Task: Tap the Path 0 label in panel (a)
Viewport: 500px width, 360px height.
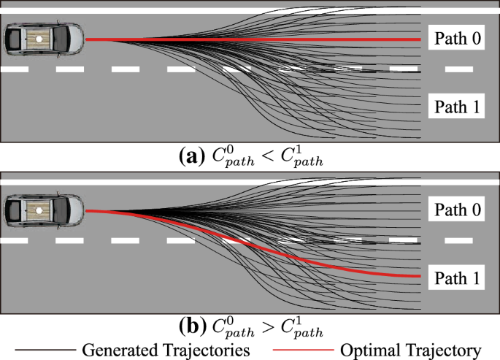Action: coord(458,39)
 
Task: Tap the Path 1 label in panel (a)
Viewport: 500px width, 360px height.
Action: coord(458,107)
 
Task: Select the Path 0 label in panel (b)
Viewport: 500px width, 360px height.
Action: coord(458,210)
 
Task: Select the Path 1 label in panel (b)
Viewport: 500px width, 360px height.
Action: coord(458,278)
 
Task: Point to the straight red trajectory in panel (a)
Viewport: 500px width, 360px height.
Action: coord(255,39)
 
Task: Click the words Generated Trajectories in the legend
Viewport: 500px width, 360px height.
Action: coord(167,349)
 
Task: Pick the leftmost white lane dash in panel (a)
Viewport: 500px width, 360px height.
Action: coord(14,69)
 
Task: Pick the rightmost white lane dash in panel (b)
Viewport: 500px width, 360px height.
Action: coord(458,240)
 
